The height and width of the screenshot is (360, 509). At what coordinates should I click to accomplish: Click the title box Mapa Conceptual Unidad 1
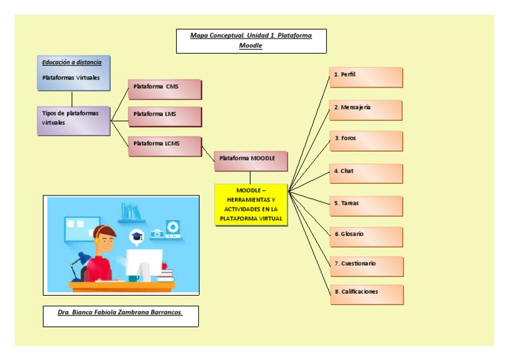point(251,40)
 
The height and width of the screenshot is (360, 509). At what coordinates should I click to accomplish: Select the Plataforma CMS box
point(164,89)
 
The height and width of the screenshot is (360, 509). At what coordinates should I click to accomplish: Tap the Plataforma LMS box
point(164,116)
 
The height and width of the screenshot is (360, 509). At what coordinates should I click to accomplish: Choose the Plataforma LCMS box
point(164,145)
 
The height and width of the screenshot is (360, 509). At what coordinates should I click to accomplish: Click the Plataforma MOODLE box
point(251,160)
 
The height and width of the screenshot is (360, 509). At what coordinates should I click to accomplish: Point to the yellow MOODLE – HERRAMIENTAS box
point(251,205)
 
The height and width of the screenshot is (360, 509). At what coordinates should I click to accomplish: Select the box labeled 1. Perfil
point(366,77)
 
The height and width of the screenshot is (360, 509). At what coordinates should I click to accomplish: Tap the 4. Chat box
point(366,173)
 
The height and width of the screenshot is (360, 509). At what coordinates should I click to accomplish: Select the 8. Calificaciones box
point(366,294)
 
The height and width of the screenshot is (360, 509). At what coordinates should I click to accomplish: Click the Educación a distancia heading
point(72,62)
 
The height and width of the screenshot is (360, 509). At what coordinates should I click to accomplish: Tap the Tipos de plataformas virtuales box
point(74,120)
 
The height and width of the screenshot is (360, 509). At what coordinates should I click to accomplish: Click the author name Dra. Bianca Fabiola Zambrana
point(120,312)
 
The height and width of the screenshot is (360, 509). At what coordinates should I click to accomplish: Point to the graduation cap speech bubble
point(137,237)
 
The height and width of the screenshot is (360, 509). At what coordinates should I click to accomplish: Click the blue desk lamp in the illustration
point(79,262)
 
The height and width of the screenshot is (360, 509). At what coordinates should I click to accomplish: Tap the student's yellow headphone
point(100,242)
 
